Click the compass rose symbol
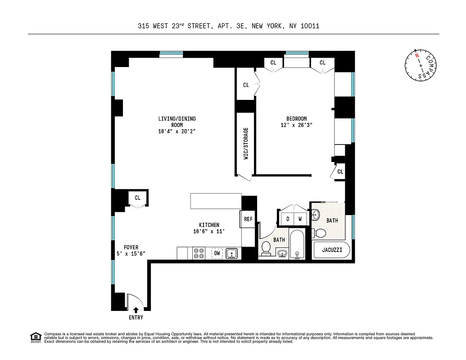pos(420,64)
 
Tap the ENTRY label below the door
pos(136,318)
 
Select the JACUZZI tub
pos(330,250)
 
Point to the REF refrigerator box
pos(248,219)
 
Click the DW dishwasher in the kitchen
pos(217,253)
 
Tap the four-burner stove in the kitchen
pos(199,253)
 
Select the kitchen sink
pos(231,253)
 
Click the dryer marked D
pos(287,219)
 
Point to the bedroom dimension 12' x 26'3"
pos(296,125)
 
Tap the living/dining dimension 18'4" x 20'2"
pos(176,131)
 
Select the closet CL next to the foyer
pos(137,198)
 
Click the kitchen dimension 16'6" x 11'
pos(209,231)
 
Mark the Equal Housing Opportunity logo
pos(35,337)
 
